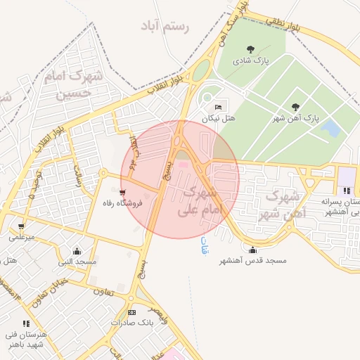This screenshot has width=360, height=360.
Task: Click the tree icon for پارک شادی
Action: [x=251, y=49]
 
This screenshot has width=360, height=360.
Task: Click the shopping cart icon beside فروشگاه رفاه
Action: [x=123, y=192]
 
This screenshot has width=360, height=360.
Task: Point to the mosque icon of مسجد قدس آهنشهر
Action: [x=252, y=249]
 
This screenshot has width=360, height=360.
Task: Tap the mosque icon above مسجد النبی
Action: [x=77, y=251]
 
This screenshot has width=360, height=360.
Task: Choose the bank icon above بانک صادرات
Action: [x=131, y=311]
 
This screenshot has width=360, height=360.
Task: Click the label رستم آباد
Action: [x=166, y=27]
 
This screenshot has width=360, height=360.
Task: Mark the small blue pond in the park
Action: [x=329, y=128]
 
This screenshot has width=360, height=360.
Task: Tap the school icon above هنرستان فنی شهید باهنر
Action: [x=26, y=323]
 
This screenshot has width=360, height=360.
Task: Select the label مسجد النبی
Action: [x=77, y=262]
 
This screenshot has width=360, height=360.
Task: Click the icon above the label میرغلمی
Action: [x=21, y=226]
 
